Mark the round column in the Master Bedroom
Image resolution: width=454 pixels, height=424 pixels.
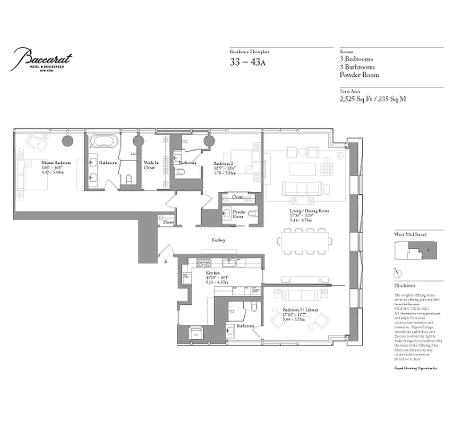[67, 141]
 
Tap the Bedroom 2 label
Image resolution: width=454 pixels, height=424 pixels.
[225, 163]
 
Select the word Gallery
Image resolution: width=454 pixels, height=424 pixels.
[219, 240]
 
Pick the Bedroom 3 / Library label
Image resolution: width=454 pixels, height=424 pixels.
[297, 309]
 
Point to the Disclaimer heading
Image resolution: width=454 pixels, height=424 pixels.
[405, 285]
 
